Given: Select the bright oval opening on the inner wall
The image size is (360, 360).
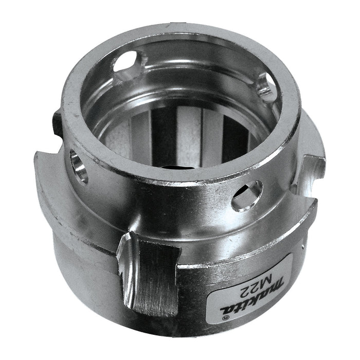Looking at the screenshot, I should point(127,67).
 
